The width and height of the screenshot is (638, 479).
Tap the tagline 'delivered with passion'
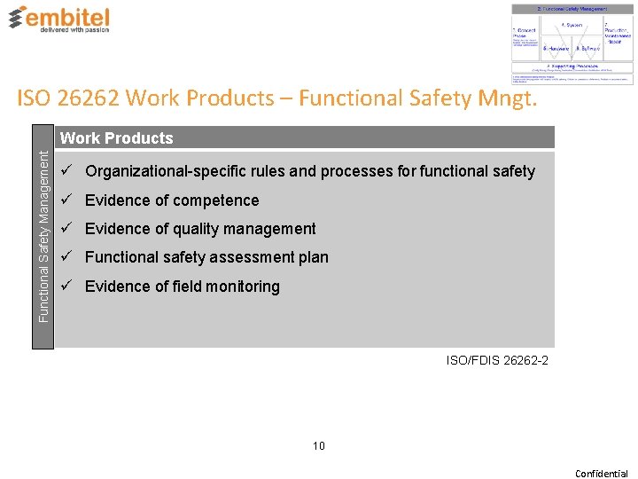click(75, 29)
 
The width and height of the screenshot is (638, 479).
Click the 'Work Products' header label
click(116, 138)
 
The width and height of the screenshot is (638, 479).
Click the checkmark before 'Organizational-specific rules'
click(67, 170)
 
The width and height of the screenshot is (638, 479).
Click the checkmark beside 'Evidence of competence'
click(67, 200)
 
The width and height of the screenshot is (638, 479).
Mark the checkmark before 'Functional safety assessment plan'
click(67, 257)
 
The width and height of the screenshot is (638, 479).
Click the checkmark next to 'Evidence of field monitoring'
click(67, 286)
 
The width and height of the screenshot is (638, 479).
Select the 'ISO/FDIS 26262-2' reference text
click(497, 360)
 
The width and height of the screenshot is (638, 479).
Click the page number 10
click(318, 445)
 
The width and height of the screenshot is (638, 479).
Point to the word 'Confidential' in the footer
click(602, 474)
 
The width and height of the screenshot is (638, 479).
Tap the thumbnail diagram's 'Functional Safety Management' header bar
click(572, 9)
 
